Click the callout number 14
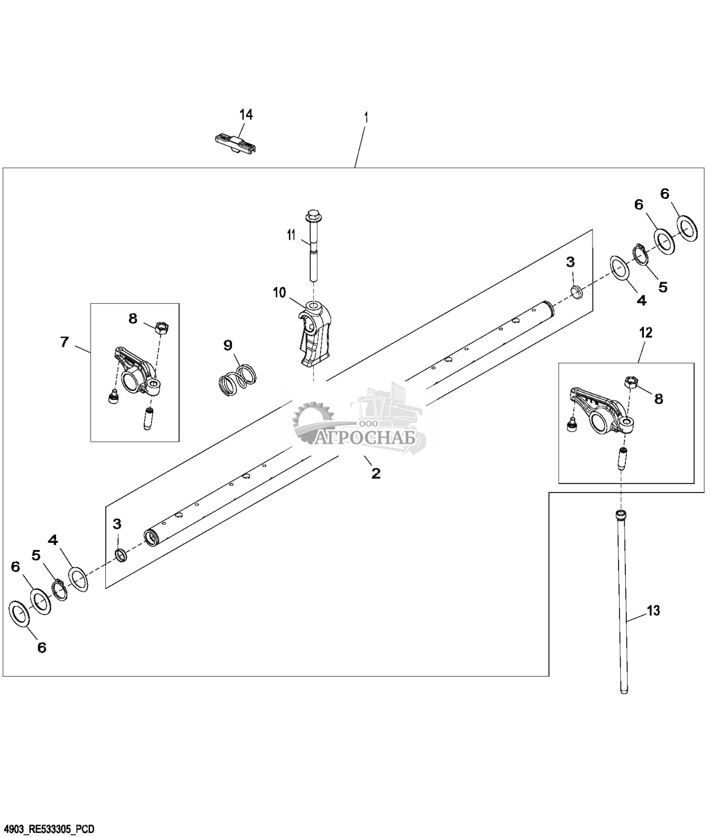[x=246, y=115]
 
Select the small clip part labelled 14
[x=236, y=143]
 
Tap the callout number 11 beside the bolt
[x=291, y=234]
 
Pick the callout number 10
[x=279, y=293]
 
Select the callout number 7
[x=64, y=342]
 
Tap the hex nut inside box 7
[x=162, y=325]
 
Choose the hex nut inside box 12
[x=631, y=381]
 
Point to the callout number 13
[x=653, y=622]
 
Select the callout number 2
[x=376, y=473]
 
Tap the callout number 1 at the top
[x=366, y=118]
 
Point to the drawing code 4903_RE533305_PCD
[x=48, y=829]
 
